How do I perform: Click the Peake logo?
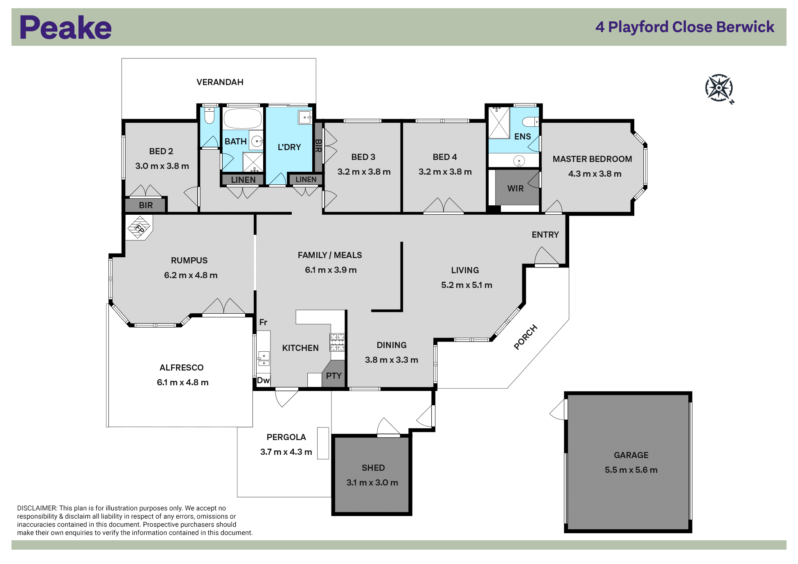pos(65,27)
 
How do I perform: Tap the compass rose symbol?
pos(719,88)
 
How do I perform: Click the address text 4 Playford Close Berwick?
pos(685,27)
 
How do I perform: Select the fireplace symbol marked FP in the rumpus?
pos(139,228)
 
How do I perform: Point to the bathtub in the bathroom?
pos(242,119)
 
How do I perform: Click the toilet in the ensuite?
pos(531,121)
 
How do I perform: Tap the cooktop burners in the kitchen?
pos(337,342)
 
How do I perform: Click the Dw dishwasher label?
pos(263,380)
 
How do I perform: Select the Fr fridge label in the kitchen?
pos(263,322)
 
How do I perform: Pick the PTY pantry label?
pos(334,375)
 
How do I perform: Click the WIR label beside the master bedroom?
pos(515,189)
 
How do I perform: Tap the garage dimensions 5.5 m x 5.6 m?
pos(631,470)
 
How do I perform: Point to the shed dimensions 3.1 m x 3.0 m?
pos(372,483)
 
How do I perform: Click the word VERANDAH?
pos(220,82)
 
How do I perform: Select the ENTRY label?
pos(545,235)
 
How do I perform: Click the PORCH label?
pos(525,337)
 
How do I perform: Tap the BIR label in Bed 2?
pos(146,205)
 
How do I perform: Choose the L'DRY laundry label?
pos(289,147)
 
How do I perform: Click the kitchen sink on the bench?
pos(264,358)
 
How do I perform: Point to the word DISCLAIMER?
pos(37,508)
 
